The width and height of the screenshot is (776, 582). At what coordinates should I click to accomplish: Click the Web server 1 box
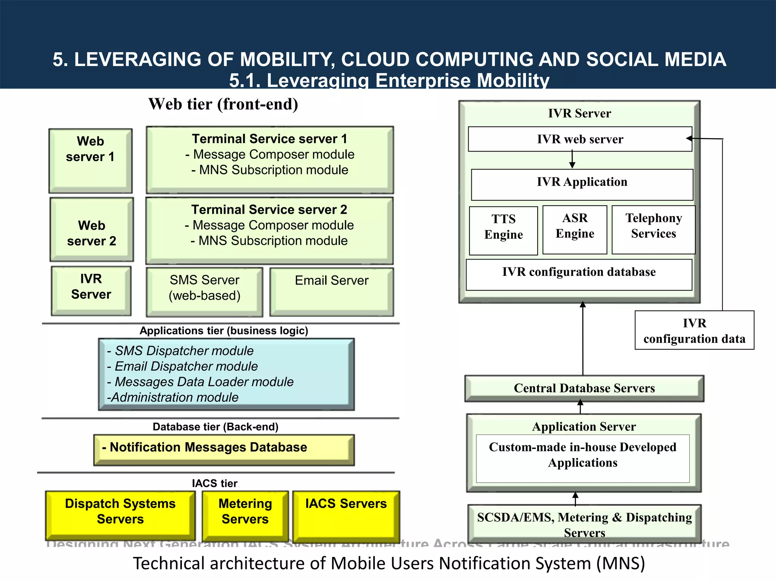point(90,161)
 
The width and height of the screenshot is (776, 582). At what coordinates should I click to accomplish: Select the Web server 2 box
point(92,230)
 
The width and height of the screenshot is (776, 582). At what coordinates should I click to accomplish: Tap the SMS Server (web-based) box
point(205,292)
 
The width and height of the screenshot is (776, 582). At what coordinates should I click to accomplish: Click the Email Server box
point(332,292)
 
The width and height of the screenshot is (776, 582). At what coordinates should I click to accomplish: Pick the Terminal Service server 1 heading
point(269,139)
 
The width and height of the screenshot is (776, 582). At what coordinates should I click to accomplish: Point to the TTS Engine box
point(503,230)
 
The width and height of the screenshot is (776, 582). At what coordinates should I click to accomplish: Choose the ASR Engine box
point(575,230)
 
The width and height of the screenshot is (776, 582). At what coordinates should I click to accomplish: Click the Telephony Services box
point(653,230)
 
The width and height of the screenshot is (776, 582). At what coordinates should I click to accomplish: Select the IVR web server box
point(580,139)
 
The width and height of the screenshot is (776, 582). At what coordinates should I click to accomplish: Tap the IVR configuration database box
point(579,275)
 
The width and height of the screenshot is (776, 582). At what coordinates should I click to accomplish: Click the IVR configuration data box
point(694,330)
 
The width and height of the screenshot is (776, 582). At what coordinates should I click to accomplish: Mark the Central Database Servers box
point(584,388)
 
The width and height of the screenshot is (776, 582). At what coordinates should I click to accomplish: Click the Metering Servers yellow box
point(245,515)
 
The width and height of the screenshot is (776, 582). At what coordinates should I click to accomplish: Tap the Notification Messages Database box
point(224,449)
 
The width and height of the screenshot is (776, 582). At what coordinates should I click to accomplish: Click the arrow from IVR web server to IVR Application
point(572,159)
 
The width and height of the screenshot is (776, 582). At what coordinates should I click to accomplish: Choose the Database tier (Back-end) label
point(215,427)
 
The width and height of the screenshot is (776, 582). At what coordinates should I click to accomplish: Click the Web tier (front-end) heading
point(223,104)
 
